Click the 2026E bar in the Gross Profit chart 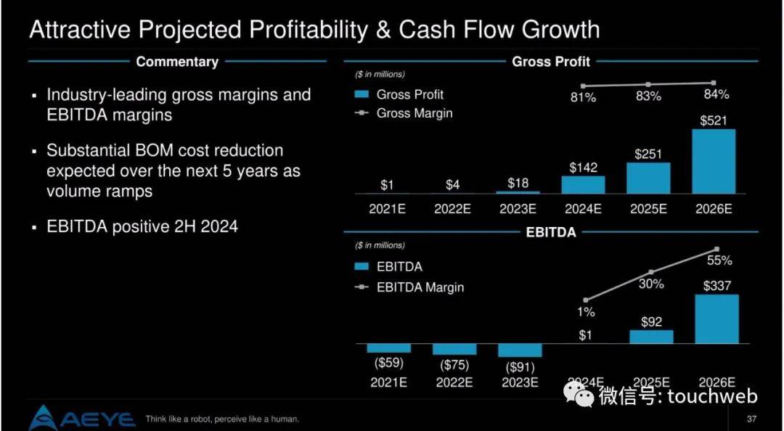714,162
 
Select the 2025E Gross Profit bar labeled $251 648,178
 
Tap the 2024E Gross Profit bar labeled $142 583,184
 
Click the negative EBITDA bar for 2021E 389,348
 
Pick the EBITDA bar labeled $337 716,319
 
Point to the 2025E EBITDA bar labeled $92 651,337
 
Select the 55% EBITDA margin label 719,260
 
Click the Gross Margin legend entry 414,113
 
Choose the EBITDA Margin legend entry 420,287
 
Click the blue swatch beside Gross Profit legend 362,94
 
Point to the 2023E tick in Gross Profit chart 518,208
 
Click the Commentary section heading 177,62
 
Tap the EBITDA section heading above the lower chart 550,233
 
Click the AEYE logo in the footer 82,418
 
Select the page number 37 751,419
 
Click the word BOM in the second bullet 145,151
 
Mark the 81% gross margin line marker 582,86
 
